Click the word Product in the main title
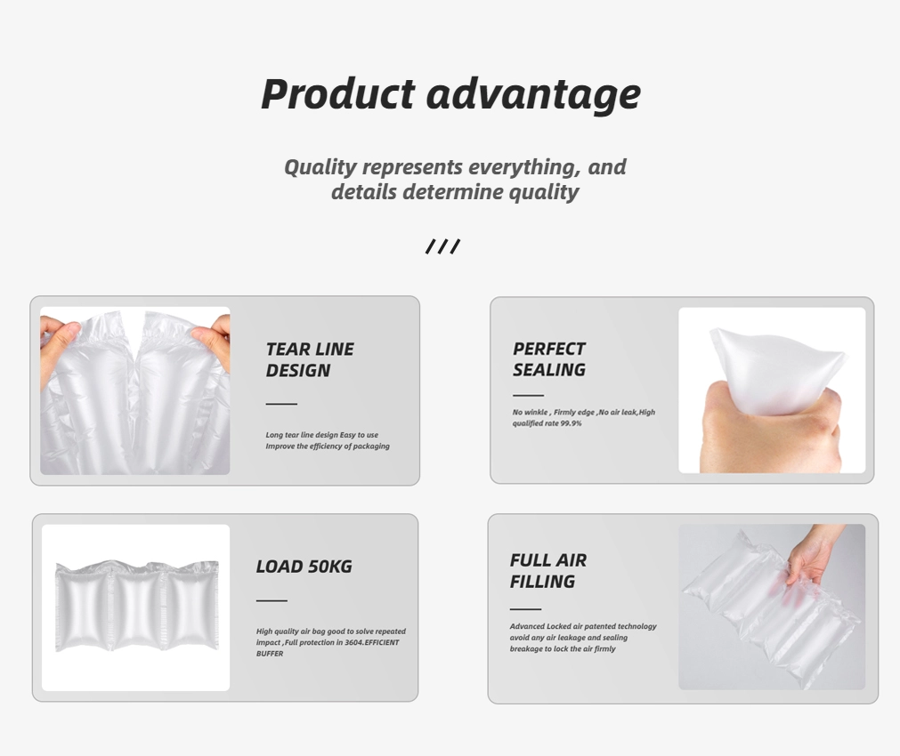click(x=337, y=94)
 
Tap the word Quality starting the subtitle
click(x=320, y=167)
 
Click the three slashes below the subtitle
click(x=442, y=246)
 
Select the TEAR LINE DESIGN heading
click(x=310, y=359)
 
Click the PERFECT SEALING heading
click(x=549, y=359)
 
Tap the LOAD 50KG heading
click(x=304, y=567)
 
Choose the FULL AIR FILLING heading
click(x=548, y=571)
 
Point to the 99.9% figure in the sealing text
click(x=572, y=423)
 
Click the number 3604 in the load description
click(x=354, y=642)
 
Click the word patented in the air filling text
click(x=600, y=626)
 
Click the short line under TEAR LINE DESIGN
click(x=281, y=404)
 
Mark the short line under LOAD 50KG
click(x=272, y=600)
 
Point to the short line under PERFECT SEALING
click(x=528, y=395)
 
